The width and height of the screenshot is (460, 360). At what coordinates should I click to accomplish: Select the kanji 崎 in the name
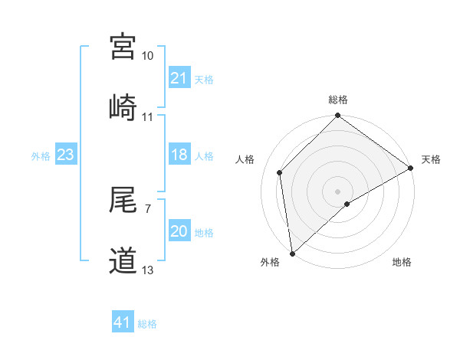coord(123,106)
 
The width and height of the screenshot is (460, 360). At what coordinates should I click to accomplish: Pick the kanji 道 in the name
coord(123,260)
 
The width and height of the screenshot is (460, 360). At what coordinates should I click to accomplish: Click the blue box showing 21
coord(179,78)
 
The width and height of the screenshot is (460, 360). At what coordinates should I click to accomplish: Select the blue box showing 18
coord(179,155)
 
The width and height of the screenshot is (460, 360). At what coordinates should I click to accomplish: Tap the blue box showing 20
coord(179,231)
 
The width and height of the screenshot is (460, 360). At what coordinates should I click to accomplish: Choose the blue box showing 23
coord(66,155)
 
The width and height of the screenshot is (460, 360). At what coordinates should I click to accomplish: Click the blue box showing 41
coord(123,322)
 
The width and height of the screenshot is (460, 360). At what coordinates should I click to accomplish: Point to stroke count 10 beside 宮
coord(148,56)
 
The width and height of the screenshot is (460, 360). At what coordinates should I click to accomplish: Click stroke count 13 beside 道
coord(148,270)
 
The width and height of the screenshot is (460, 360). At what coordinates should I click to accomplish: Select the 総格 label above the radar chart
coord(338,100)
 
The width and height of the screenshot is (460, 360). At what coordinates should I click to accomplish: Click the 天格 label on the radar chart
coord(431,159)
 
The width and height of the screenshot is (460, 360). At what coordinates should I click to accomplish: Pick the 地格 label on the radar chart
coord(402,263)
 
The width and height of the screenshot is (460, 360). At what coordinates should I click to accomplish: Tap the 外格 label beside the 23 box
coord(41,155)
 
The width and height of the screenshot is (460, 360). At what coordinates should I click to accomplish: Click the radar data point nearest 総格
coord(338,117)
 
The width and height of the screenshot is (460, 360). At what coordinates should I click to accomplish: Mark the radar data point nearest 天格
coord(411,168)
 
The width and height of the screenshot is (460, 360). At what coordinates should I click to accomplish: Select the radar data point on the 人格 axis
coord(280,172)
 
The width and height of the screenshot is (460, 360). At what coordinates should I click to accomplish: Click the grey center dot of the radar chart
coord(338,191)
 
